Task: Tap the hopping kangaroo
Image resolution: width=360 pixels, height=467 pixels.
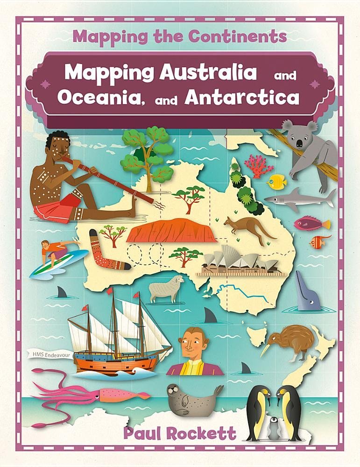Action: pyautogui.click(x=248, y=228)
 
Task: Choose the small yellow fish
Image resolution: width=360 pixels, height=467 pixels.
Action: pyautogui.click(x=277, y=181)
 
